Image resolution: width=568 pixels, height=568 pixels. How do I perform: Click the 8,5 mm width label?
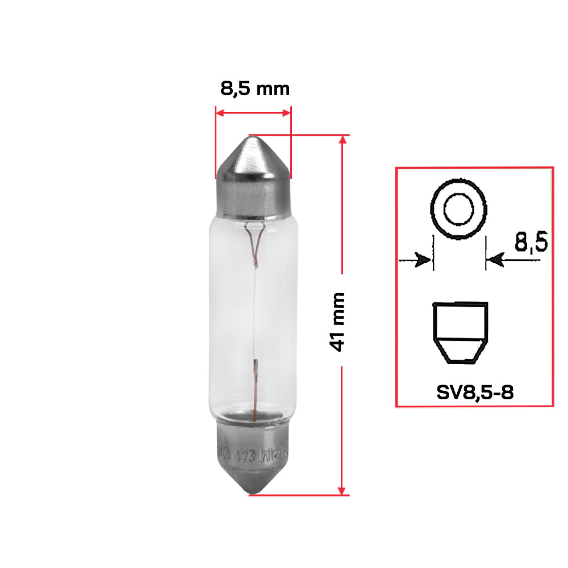point(254,89)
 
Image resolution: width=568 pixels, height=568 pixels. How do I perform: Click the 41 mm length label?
point(339,321)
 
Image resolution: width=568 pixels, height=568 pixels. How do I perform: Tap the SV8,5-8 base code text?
point(475,392)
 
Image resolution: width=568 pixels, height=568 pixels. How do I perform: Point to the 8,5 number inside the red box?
point(531,243)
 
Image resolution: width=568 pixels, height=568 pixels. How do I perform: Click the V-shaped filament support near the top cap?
point(253,239)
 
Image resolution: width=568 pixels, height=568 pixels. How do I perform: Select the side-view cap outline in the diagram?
point(460,332)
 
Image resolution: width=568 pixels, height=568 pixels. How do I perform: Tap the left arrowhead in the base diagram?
point(422,261)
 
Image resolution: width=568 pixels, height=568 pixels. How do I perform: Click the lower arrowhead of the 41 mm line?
point(342,489)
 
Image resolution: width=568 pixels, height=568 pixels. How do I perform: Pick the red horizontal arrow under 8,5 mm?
point(253,113)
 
